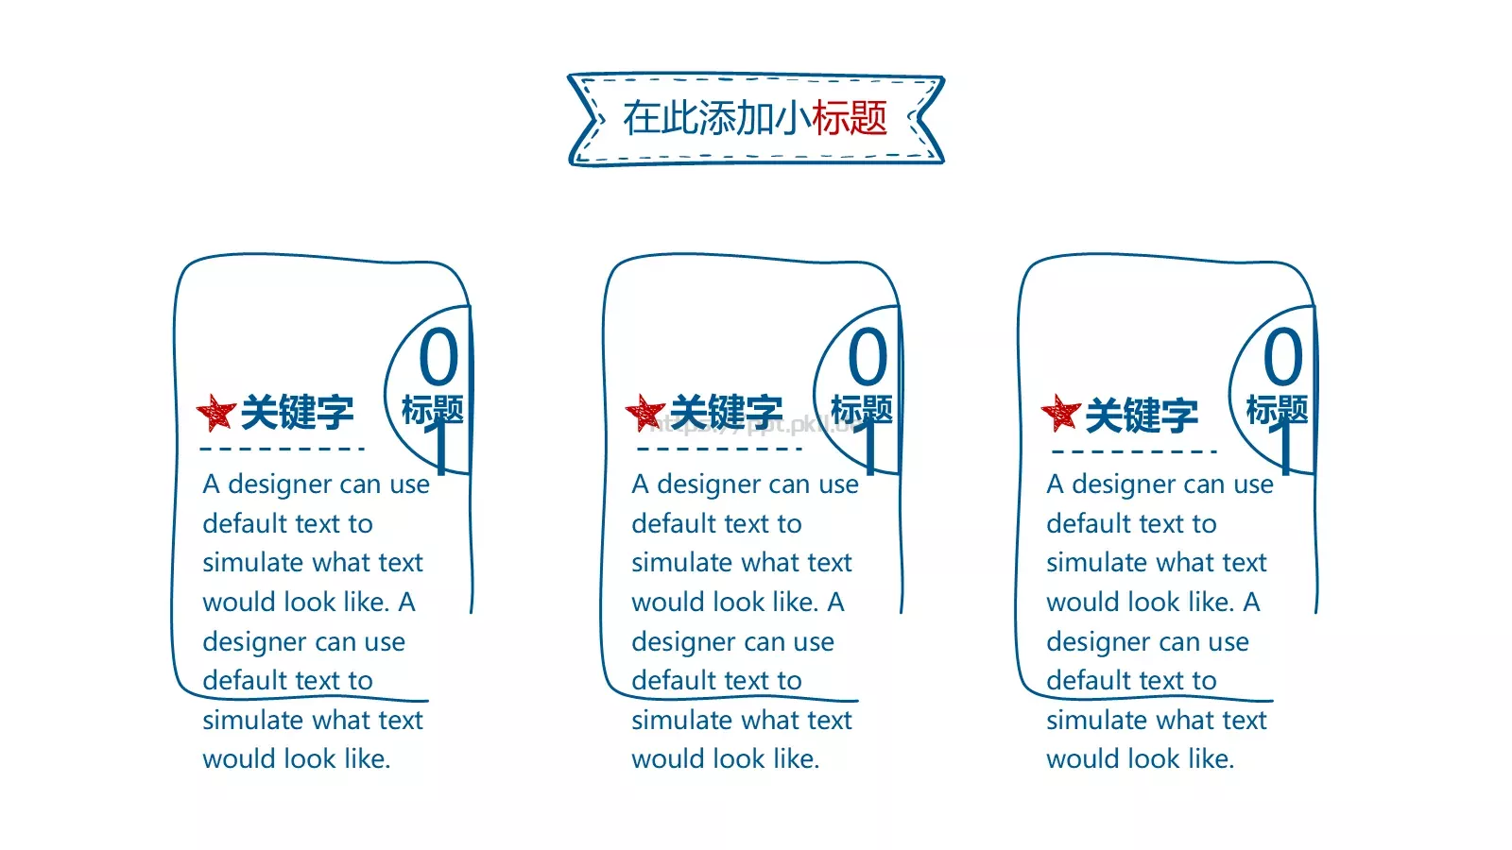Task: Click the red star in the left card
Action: tap(216, 412)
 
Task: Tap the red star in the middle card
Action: tap(645, 412)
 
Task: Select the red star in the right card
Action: tap(1060, 412)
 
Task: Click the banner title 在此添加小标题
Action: tap(755, 118)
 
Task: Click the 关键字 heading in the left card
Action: tap(297, 412)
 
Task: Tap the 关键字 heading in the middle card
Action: tap(727, 412)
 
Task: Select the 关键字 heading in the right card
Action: tap(1142, 415)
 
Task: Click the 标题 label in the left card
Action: tap(433, 410)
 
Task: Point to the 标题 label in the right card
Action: tap(1277, 410)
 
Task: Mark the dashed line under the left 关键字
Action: tap(283, 449)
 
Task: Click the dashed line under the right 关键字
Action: tap(1134, 451)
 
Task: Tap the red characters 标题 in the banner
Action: tap(850, 118)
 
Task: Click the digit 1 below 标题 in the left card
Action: tap(441, 448)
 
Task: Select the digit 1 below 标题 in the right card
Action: tap(1286, 448)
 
